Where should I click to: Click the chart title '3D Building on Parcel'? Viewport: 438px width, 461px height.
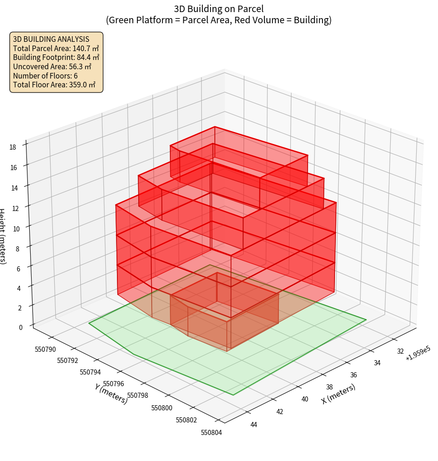[219, 9]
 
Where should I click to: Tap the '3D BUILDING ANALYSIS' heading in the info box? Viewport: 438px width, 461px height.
[51, 39]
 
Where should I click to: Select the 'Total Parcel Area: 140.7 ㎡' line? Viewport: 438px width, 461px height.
[56, 48]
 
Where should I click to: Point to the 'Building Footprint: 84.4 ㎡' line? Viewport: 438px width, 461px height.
[56, 57]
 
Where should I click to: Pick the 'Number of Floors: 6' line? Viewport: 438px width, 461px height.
[45, 76]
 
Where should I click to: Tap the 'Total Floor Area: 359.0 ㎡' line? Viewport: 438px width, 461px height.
[54, 85]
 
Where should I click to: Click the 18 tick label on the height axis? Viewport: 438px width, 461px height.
[13, 147]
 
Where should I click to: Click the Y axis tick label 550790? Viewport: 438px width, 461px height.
[45, 349]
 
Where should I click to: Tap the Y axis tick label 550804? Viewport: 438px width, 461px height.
[212, 433]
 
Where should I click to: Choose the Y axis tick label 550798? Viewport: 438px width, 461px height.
[137, 395]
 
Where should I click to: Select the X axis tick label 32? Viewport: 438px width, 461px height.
[400, 351]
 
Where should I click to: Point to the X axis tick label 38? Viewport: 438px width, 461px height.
[329, 387]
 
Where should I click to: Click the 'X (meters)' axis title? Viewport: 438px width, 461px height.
[338, 394]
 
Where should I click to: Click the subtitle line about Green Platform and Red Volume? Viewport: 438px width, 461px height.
[219, 20]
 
